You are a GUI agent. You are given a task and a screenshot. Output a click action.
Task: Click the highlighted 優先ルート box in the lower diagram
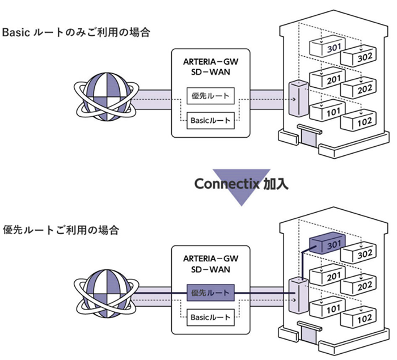[x=210, y=293]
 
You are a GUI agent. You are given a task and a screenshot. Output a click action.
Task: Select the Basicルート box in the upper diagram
[x=210, y=121]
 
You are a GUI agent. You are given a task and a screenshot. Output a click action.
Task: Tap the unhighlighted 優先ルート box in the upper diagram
[x=210, y=96]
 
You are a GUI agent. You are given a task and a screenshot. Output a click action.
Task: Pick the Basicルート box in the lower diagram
[x=210, y=317]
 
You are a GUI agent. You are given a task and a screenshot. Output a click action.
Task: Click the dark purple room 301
[x=328, y=243]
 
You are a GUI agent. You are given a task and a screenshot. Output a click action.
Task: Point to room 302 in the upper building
[x=358, y=56]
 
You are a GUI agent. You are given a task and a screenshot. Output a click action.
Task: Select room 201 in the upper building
[x=328, y=78]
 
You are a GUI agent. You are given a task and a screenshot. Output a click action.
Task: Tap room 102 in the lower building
[x=358, y=318]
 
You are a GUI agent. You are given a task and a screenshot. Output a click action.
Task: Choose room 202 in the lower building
[x=358, y=285]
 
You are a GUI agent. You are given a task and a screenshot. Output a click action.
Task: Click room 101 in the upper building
[x=328, y=111]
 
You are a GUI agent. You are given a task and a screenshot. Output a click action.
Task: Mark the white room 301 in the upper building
[x=328, y=46]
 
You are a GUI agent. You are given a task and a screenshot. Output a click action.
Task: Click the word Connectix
[x=227, y=184]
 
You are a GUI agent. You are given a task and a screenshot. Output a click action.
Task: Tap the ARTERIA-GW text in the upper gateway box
[x=210, y=62]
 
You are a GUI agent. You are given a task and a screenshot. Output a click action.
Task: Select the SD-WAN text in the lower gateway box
[x=210, y=269]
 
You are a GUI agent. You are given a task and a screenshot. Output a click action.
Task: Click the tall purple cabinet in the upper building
[x=299, y=99]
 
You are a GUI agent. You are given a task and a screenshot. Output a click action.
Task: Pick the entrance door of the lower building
[x=307, y=334]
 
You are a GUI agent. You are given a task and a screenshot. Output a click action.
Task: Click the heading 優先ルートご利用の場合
[x=61, y=230]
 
